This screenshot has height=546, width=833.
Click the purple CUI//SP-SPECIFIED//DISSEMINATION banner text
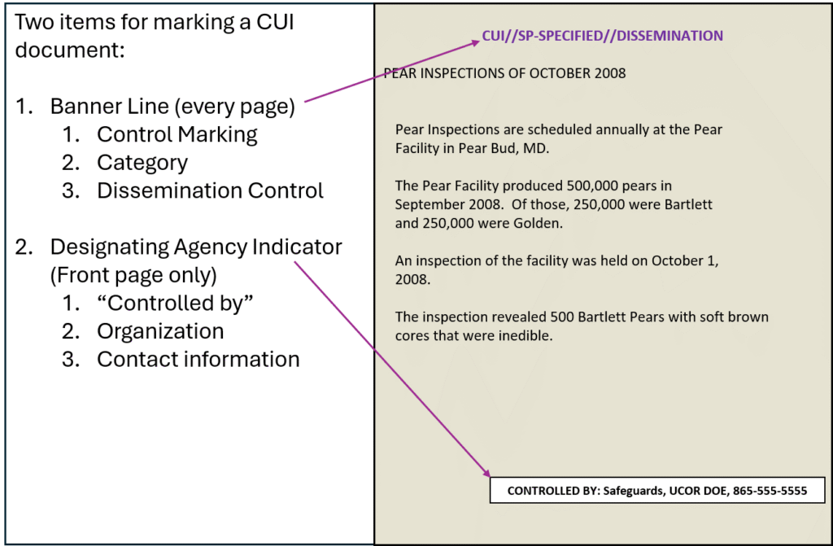tap(602, 36)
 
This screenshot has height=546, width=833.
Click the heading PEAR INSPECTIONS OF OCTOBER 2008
tap(504, 73)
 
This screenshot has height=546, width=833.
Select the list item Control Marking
tap(177, 135)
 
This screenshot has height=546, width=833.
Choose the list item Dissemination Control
tap(210, 191)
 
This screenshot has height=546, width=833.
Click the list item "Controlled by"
tap(175, 303)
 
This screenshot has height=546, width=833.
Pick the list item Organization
tap(160, 332)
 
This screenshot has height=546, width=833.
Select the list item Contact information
tap(198, 360)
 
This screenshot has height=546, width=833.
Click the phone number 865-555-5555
tap(770, 491)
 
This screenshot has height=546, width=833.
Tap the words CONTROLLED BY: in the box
tap(553, 491)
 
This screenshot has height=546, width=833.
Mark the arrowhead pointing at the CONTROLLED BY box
tap(486, 473)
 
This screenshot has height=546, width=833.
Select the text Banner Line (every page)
tap(172, 107)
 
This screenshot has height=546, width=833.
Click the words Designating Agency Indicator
tap(196, 247)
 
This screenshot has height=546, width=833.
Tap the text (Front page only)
tap(133, 275)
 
